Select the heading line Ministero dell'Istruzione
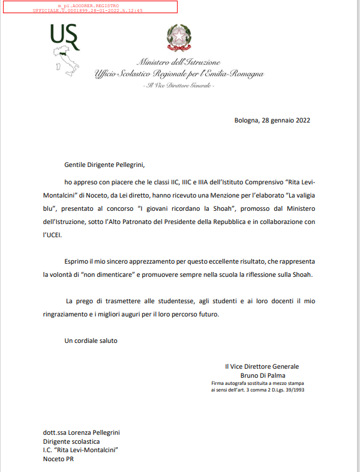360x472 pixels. pyautogui.click(x=178, y=62)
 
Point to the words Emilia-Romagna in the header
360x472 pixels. pyautogui.click(x=238, y=74)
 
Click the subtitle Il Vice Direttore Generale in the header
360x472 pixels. pyautogui.click(x=178, y=85)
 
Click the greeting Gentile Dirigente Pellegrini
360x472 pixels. pyautogui.click(x=105, y=163)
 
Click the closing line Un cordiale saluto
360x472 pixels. pyautogui.click(x=91, y=341)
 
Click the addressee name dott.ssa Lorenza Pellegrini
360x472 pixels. pyautogui.click(x=82, y=432)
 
